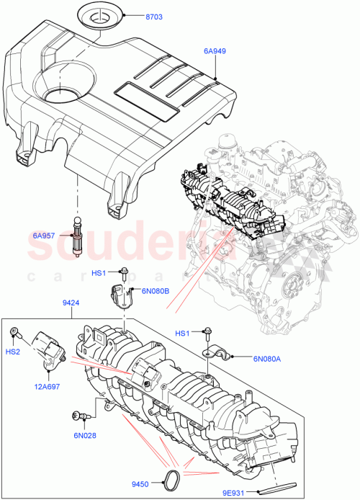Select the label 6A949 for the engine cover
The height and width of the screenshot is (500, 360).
[x=216, y=52]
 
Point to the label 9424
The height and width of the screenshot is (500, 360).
[x=71, y=305]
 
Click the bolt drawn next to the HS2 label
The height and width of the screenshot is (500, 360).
[x=14, y=333]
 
